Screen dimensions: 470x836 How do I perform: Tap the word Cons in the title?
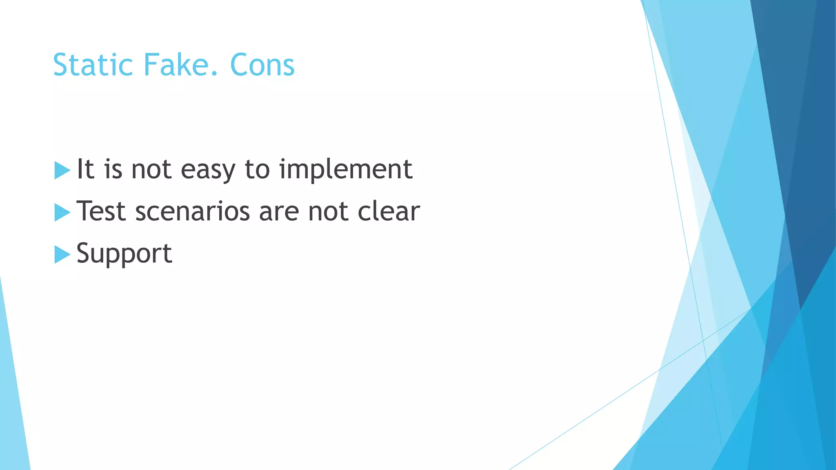pyautogui.click(x=262, y=65)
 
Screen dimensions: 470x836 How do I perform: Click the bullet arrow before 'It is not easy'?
pyautogui.click(x=62, y=170)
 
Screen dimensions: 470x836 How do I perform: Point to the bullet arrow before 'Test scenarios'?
pyautogui.click(x=62, y=213)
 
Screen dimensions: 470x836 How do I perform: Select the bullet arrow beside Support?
pyautogui.click(x=62, y=255)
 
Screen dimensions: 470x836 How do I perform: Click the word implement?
pyautogui.click(x=345, y=170)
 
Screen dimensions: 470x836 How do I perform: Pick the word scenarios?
pyautogui.click(x=192, y=212)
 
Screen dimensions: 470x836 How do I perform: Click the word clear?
pyautogui.click(x=389, y=211)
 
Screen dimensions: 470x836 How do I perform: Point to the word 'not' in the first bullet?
pyautogui.click(x=151, y=170)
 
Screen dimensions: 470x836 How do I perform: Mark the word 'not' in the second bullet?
pyautogui.click(x=328, y=212)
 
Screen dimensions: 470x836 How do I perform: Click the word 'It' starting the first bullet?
pyautogui.click(x=85, y=169)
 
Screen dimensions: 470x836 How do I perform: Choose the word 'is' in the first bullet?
pyautogui.click(x=113, y=169)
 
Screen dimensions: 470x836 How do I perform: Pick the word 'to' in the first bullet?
pyautogui.click(x=257, y=170)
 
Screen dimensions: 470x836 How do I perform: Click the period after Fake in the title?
pyautogui.click(x=216, y=74)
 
